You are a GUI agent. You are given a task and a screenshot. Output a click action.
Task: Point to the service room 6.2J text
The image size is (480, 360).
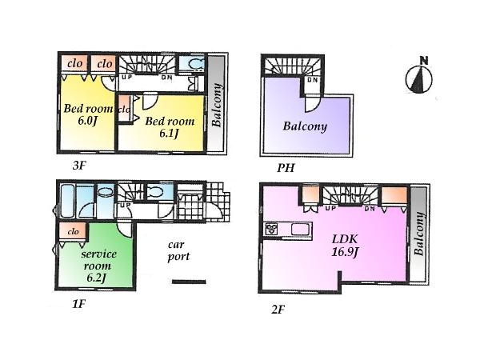click(98, 265)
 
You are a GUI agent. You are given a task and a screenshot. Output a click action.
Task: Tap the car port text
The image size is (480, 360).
click(178, 251)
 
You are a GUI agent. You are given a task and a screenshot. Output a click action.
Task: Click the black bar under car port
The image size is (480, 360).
click(189, 281)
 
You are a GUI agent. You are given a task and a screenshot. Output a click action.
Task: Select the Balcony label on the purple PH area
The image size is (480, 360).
click(304, 126)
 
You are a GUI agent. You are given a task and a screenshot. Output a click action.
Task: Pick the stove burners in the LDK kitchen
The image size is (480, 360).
click(270, 230)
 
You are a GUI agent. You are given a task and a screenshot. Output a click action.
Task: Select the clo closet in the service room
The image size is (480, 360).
click(74, 231)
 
